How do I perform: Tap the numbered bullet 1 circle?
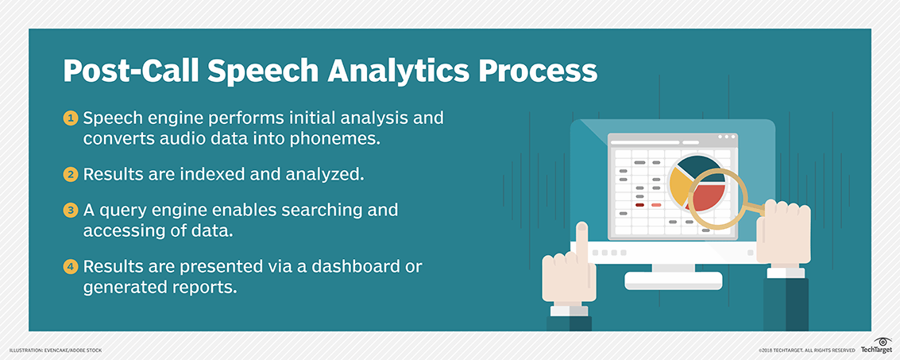click(70, 119)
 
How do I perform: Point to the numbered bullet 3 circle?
click(70, 210)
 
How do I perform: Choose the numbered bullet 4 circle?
click(70, 266)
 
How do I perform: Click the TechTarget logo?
click(876, 345)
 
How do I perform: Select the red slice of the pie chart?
click(706, 196)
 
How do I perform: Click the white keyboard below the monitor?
click(674, 281)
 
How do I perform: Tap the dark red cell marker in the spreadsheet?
click(639, 205)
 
